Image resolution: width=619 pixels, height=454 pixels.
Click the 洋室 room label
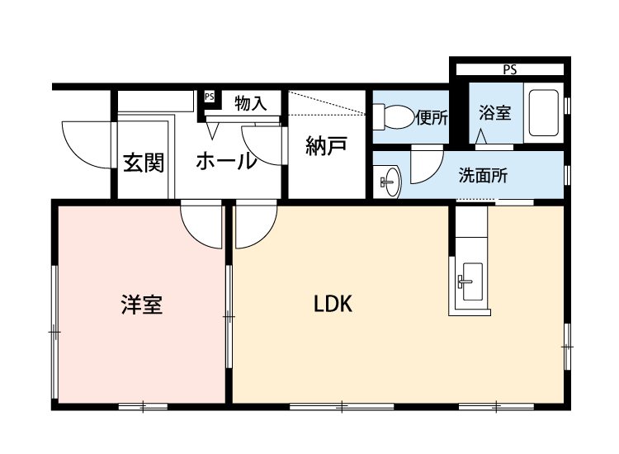[141, 305]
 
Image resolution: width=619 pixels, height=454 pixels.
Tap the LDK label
[333, 305]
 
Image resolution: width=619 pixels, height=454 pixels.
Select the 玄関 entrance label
[144, 163]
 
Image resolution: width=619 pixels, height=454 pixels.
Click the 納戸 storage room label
[325, 147]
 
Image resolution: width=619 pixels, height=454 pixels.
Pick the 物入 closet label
[250, 104]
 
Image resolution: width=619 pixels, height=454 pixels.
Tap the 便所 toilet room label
[432, 117]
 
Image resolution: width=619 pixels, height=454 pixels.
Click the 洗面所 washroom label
[483, 175]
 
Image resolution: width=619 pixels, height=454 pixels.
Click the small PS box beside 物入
[209, 97]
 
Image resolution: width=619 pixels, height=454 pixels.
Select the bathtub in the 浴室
[544, 112]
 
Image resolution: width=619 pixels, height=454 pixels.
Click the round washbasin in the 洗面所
[389, 181]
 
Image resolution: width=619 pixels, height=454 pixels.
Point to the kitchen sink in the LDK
[470, 281]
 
